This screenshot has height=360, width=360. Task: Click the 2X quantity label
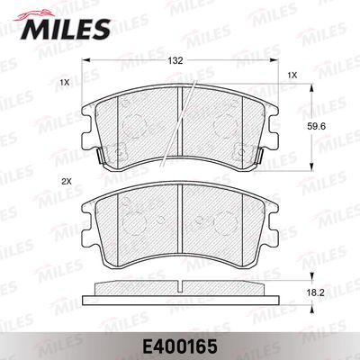pyautogui.click(x=65, y=183)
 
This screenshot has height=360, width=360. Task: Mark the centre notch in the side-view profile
pyautogui.click(x=179, y=287)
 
